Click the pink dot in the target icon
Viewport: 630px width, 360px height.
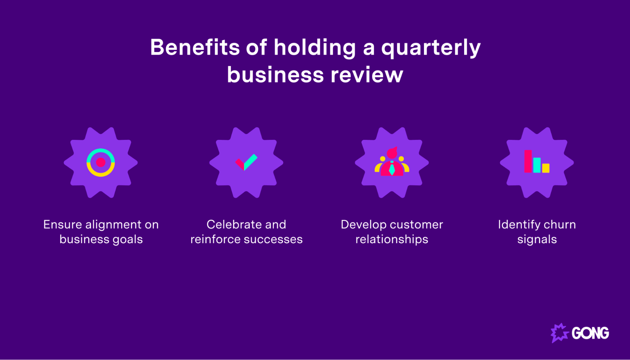click(101, 163)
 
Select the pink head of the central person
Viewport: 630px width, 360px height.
click(392, 153)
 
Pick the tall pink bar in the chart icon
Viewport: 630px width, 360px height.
click(528, 161)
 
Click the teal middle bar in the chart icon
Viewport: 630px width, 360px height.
click(537, 165)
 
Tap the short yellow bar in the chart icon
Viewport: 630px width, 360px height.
click(546, 168)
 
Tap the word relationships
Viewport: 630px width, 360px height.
click(392, 239)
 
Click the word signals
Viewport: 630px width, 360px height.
click(537, 240)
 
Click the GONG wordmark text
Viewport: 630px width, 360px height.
click(590, 333)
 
